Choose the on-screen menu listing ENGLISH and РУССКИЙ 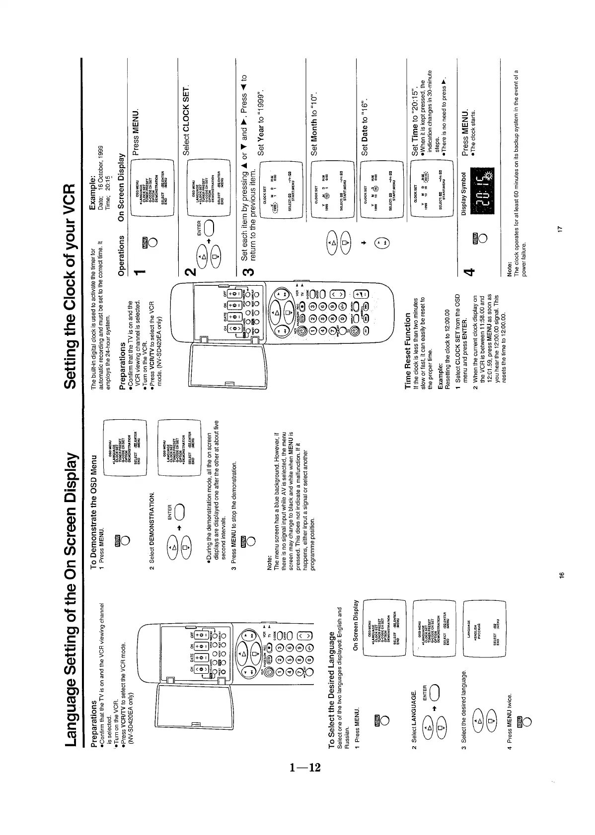137,626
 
